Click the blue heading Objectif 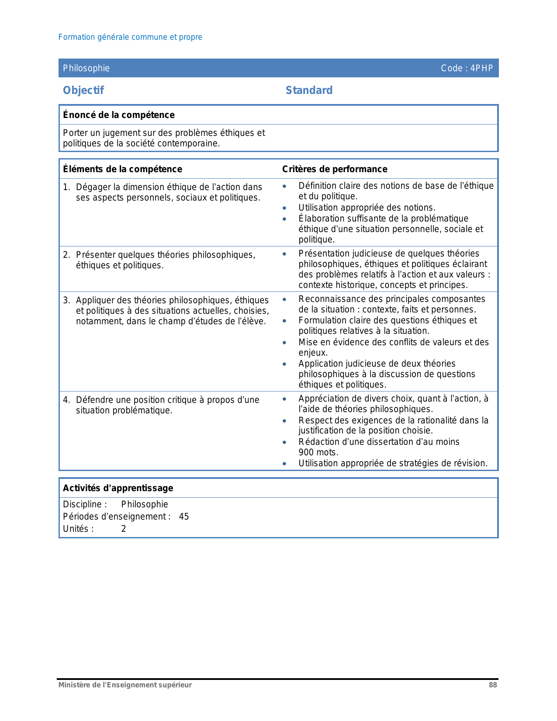83,90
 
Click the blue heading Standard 309,90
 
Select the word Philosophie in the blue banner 86,68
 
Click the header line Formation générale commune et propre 130,37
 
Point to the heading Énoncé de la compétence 119,115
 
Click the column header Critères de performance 335,169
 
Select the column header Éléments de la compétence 122,169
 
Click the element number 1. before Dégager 66,187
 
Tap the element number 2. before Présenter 66,255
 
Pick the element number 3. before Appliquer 66,300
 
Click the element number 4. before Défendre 66,400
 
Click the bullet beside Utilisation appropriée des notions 284,208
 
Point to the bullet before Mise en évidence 284,343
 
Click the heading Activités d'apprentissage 118,488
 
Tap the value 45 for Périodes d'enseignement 184,516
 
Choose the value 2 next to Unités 124,529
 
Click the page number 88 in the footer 493,685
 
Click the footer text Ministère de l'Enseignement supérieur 125,685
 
